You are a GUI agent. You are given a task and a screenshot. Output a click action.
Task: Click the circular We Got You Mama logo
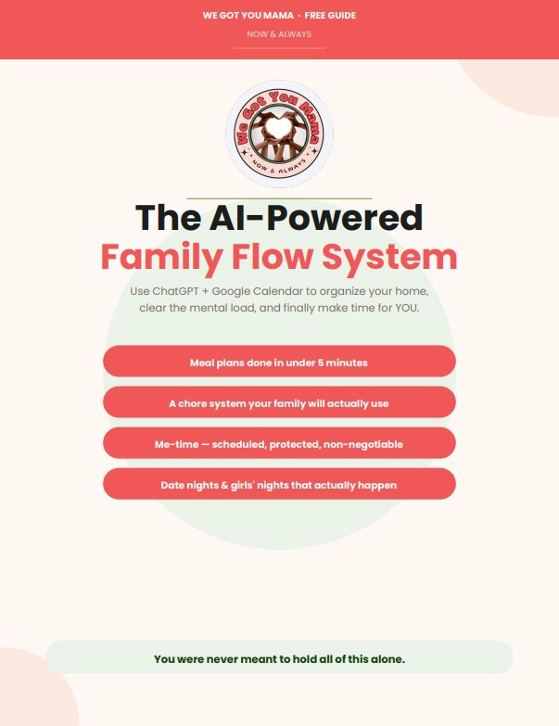(279, 134)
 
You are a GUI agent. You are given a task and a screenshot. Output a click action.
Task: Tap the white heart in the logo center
(278, 128)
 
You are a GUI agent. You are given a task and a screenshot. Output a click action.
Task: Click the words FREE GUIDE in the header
(330, 15)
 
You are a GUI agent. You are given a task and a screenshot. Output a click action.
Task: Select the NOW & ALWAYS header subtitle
(279, 34)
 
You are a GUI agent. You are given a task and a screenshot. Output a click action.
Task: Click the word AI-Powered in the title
(316, 218)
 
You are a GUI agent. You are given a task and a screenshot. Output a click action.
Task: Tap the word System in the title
(389, 258)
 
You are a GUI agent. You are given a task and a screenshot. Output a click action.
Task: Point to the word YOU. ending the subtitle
(407, 308)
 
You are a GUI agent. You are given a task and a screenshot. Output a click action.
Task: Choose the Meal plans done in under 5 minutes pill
(280, 362)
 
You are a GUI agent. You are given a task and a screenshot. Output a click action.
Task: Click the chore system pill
(280, 401)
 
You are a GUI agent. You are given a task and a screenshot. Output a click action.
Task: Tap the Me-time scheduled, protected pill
(280, 443)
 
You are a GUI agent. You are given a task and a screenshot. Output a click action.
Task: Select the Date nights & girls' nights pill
(280, 484)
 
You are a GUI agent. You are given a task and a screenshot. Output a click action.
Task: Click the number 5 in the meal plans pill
(320, 363)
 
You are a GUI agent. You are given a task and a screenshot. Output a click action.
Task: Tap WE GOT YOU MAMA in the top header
(248, 15)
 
